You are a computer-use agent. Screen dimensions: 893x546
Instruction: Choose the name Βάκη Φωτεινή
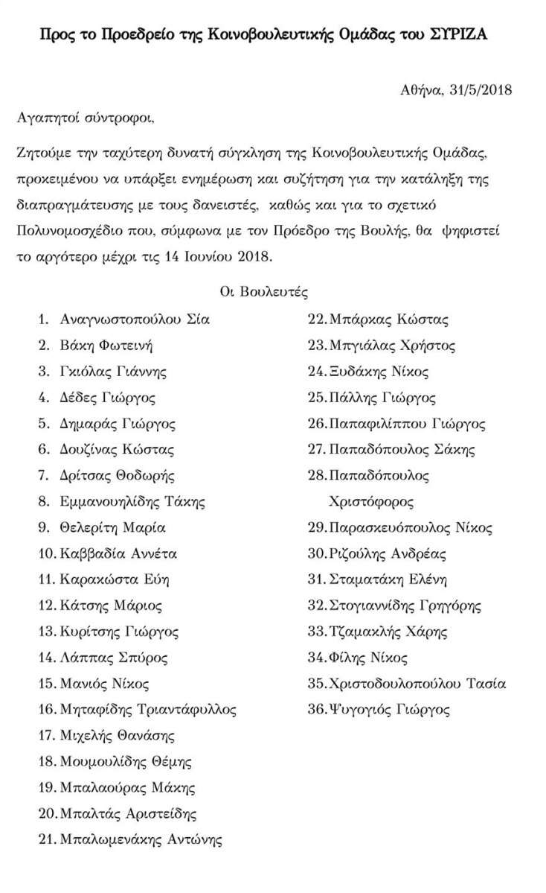point(107,346)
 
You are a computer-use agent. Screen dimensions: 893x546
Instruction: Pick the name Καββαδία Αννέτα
point(118,553)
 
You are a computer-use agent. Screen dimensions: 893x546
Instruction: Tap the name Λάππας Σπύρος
point(114,658)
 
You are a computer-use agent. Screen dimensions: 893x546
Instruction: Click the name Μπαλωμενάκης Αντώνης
point(141,840)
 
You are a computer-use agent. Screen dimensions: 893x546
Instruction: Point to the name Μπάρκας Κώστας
point(388,320)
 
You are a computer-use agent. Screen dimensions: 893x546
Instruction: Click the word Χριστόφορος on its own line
point(371,500)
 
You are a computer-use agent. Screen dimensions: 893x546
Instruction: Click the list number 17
point(46,736)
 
